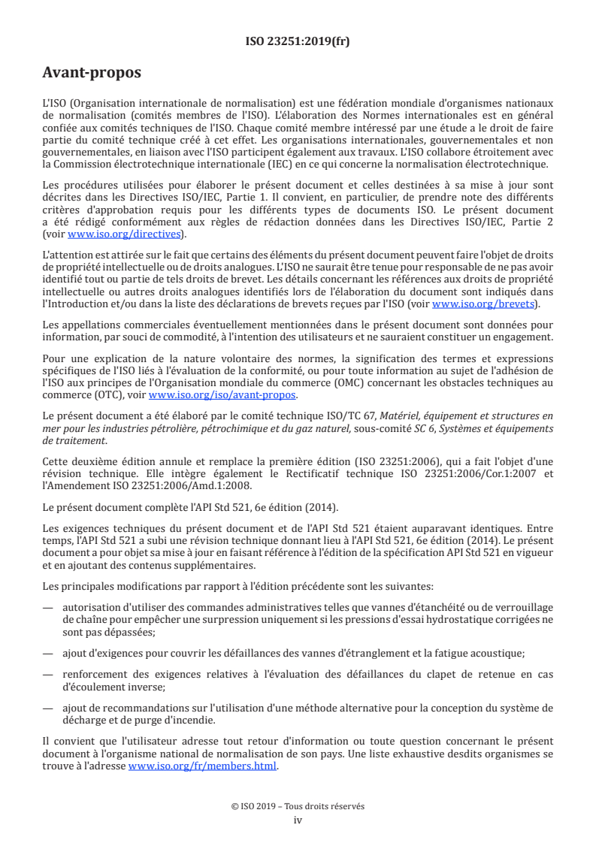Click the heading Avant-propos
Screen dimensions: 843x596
[92, 74]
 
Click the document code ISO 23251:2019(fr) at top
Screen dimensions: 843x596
[298, 41]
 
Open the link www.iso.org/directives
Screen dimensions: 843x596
[123, 234]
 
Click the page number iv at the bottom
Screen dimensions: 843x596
[298, 820]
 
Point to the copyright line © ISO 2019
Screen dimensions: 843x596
[298, 806]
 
